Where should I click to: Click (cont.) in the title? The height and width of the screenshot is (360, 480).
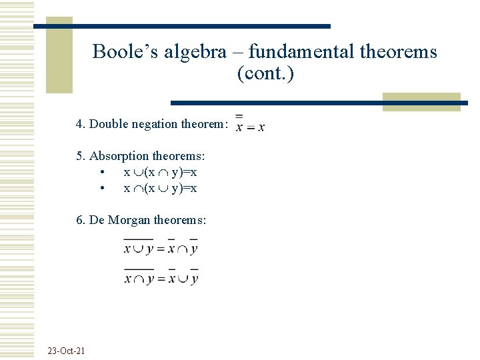click(265, 73)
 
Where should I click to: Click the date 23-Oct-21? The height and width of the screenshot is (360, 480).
click(67, 351)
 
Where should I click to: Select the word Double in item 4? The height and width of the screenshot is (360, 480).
click(111, 124)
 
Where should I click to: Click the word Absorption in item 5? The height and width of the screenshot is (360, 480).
click(121, 156)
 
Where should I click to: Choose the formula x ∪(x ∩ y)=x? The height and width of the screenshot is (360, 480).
click(160, 172)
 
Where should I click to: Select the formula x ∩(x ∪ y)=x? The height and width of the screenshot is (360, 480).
click(160, 188)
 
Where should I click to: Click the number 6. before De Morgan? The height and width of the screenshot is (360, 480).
click(81, 220)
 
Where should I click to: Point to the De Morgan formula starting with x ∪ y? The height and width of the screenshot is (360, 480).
click(161, 247)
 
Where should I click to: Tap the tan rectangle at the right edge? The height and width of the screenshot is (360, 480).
click(421, 101)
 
